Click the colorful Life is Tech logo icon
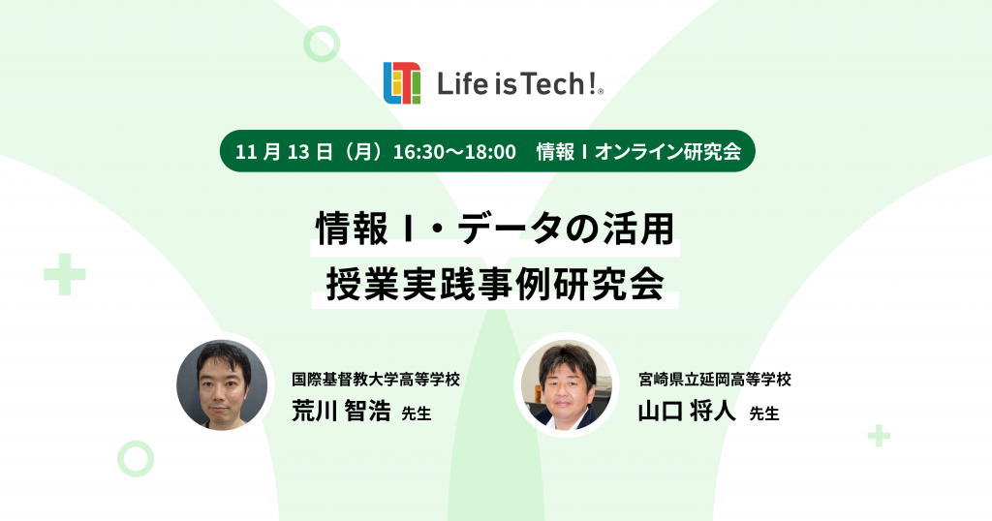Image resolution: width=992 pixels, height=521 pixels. pos(402,83)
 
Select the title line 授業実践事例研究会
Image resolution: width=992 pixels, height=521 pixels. pos(495,285)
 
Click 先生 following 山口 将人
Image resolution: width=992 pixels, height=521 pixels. pos(764,414)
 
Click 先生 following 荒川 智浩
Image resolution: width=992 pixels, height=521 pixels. pos(416,414)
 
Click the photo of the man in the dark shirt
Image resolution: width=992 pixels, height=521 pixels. pos(222,384)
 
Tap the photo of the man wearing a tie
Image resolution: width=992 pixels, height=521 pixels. pos(567,384)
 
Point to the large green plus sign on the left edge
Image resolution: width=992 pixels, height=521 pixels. pos(65,274)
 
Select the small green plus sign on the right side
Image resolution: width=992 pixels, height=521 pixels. pos(879,436)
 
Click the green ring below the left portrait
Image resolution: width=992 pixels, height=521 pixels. pos(136,458)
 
